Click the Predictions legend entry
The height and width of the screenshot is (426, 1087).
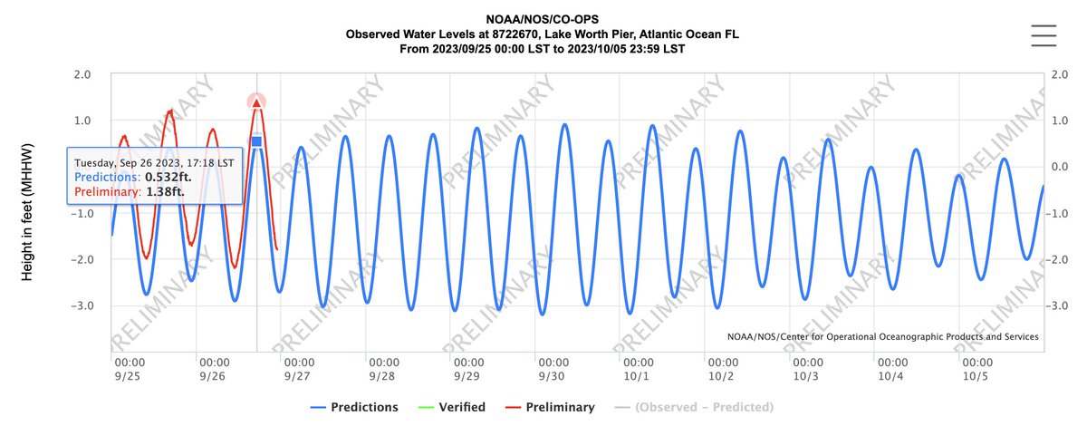tap(354, 407)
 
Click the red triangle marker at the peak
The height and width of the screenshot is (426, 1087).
tap(256, 102)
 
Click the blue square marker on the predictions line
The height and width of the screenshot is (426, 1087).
tap(256, 140)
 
